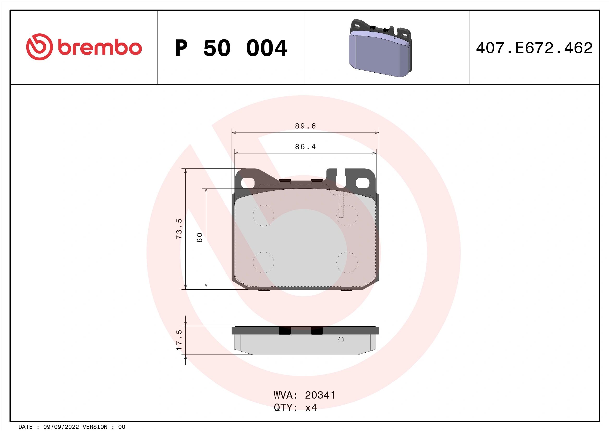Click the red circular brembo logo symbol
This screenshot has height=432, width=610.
[x=39, y=47]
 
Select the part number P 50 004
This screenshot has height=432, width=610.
[x=231, y=48]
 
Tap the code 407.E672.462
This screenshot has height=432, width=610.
[x=534, y=48]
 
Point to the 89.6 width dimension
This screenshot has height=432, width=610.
[x=305, y=126]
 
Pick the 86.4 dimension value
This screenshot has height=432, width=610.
[x=305, y=147]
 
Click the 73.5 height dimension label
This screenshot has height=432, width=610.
[x=179, y=229]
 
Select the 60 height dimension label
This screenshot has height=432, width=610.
[x=200, y=237]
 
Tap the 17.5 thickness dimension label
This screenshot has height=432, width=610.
[x=179, y=340]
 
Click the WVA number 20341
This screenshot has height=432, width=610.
[x=320, y=395]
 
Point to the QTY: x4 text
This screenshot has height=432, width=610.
[x=295, y=408]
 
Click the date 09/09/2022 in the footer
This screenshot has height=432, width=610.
[x=61, y=427]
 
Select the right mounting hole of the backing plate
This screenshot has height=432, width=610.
[x=363, y=183]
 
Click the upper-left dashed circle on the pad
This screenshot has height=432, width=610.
[x=263, y=215]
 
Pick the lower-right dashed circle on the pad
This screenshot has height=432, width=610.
[x=347, y=262]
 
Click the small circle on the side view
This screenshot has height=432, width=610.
[x=341, y=339]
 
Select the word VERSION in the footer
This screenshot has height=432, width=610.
[x=95, y=427]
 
